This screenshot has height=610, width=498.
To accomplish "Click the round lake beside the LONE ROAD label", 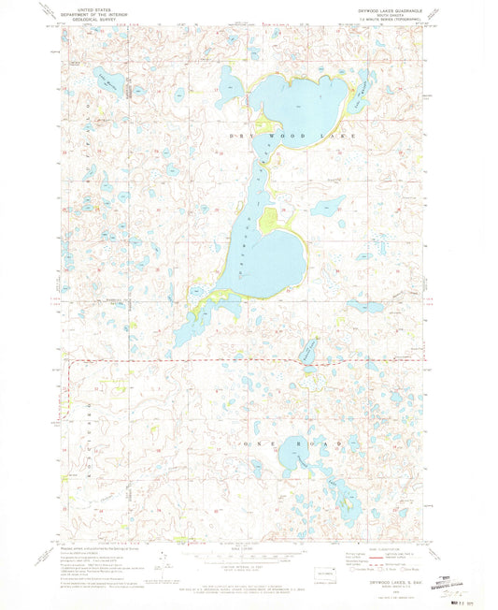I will pyautogui.click(x=292, y=457).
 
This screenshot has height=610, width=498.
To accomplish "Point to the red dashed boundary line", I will pyautogui.click(x=187, y=360).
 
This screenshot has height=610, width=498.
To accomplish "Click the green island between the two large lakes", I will pyautogui.click(x=268, y=220).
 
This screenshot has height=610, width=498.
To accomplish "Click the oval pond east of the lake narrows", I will pyautogui.click(x=327, y=206).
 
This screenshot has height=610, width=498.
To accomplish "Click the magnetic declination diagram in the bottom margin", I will pyautogui.click(x=164, y=562).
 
